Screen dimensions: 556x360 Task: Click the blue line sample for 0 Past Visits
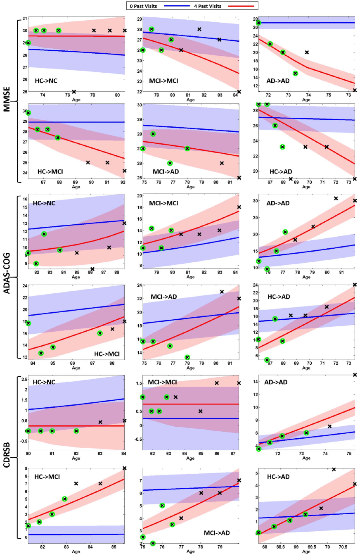point(174,5)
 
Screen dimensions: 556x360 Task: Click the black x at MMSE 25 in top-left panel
point(74,92)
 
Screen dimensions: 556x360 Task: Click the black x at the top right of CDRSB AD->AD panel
point(355,375)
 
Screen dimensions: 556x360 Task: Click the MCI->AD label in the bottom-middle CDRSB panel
point(217,533)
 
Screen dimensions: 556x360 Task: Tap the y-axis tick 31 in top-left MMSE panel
point(25,19)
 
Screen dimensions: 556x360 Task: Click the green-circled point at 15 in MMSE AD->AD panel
point(295,74)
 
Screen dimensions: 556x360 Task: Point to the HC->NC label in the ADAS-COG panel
point(44,203)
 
